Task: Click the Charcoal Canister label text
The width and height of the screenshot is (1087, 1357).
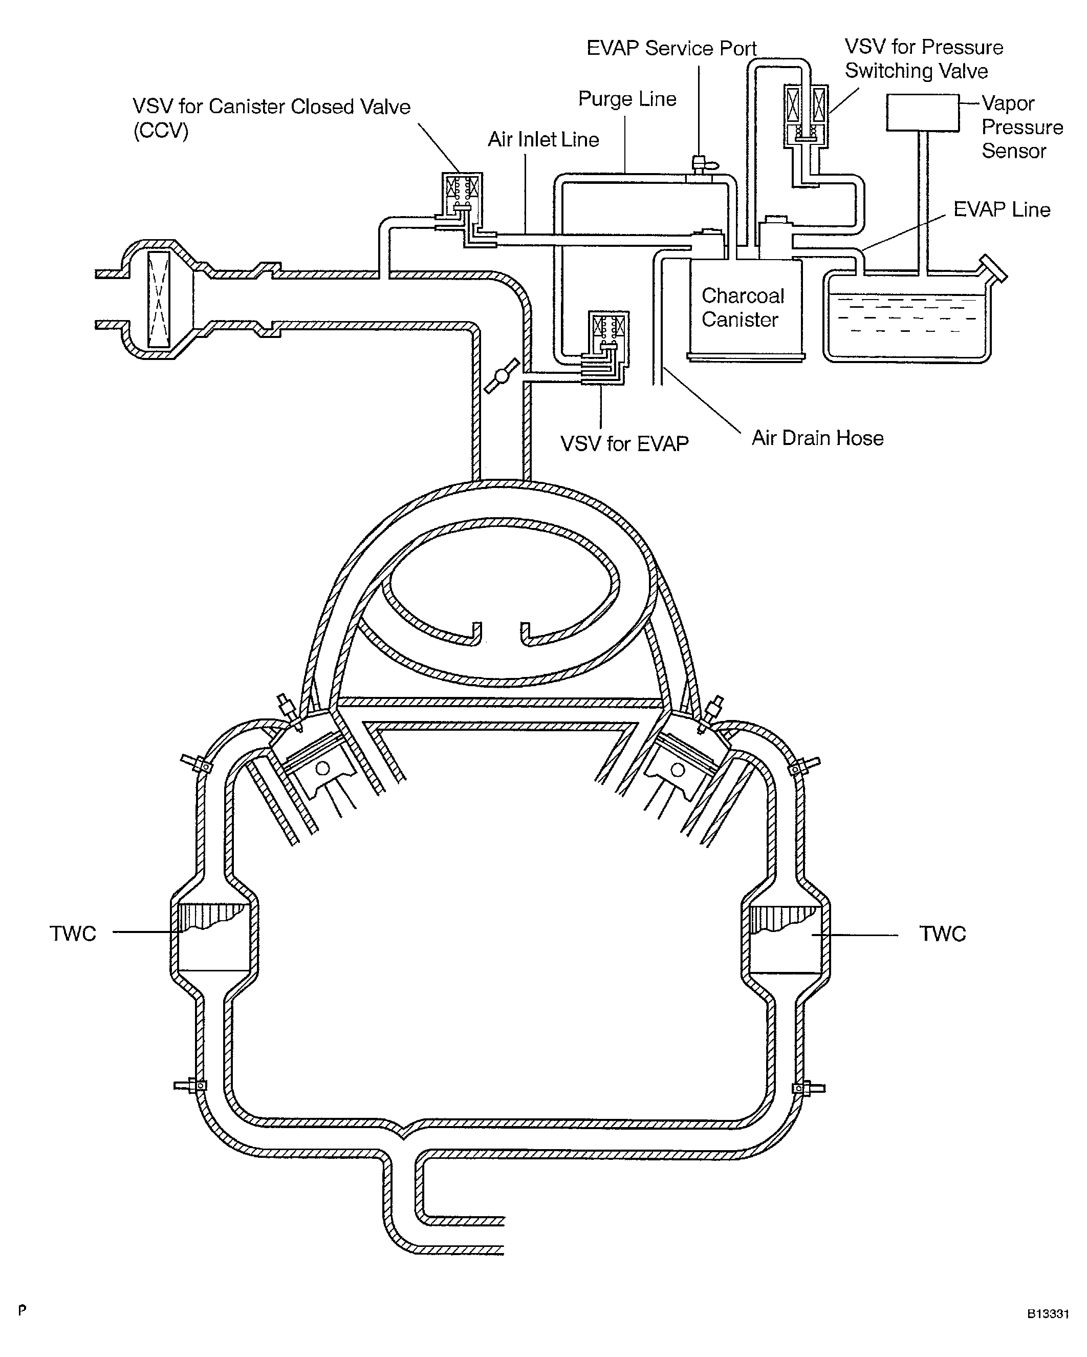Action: (x=742, y=308)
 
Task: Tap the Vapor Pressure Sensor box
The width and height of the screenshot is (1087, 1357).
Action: (x=922, y=113)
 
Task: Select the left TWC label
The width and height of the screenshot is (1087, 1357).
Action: (x=73, y=934)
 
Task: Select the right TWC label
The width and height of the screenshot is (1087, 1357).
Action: (x=942, y=934)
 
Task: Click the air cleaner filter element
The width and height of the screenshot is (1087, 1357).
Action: (x=158, y=299)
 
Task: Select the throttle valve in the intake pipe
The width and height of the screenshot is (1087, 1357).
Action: (x=502, y=376)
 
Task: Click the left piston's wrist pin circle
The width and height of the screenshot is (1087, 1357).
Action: (x=323, y=769)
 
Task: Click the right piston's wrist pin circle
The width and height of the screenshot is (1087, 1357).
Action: (x=678, y=769)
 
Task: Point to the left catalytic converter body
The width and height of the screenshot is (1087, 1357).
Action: (x=214, y=938)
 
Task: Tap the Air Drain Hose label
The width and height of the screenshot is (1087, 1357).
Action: (x=817, y=438)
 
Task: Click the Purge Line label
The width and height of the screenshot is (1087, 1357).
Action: (x=627, y=99)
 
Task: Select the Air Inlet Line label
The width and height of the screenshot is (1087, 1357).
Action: (x=543, y=139)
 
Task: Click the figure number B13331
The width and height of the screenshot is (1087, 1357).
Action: (x=1048, y=1313)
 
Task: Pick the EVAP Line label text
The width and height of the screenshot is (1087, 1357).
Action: (x=1002, y=209)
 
